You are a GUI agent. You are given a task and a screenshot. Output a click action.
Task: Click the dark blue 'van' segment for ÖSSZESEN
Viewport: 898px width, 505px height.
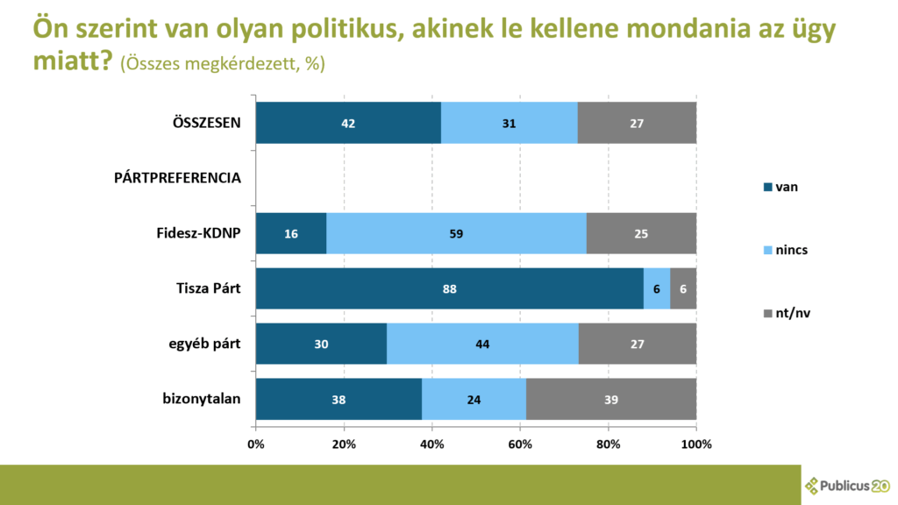[x=348, y=123]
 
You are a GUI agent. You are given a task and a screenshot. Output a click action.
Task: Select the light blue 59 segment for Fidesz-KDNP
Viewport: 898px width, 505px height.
[x=456, y=234]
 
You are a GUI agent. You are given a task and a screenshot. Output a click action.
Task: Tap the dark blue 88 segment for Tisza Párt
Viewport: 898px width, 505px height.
[x=449, y=288]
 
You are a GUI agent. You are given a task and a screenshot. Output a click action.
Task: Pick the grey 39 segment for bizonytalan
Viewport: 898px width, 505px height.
[x=611, y=400]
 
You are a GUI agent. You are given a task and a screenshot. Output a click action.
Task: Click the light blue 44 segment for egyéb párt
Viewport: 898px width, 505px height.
[x=482, y=345]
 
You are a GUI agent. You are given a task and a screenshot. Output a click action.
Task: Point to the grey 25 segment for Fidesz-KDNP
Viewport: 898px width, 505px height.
[x=641, y=234]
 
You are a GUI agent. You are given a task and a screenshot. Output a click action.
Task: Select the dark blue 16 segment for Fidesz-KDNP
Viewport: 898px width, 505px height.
[x=291, y=234]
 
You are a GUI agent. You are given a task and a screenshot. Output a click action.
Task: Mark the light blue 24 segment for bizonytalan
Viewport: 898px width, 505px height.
[x=474, y=400]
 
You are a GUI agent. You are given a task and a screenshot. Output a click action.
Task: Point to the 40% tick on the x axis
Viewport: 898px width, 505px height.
[x=432, y=444]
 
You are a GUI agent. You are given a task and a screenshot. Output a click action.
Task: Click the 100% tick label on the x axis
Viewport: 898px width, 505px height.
[x=696, y=444]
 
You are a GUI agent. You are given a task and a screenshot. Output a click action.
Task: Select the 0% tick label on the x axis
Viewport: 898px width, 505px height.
[x=256, y=444]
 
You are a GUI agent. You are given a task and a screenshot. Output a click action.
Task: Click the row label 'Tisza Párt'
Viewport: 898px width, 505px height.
[x=209, y=288]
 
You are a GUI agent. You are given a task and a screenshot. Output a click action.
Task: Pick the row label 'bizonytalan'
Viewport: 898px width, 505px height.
[x=202, y=400]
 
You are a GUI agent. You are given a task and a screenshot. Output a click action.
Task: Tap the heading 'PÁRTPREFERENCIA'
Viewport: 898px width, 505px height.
[x=178, y=178]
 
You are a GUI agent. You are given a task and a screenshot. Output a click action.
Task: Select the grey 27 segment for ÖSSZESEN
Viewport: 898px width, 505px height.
[x=637, y=123]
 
